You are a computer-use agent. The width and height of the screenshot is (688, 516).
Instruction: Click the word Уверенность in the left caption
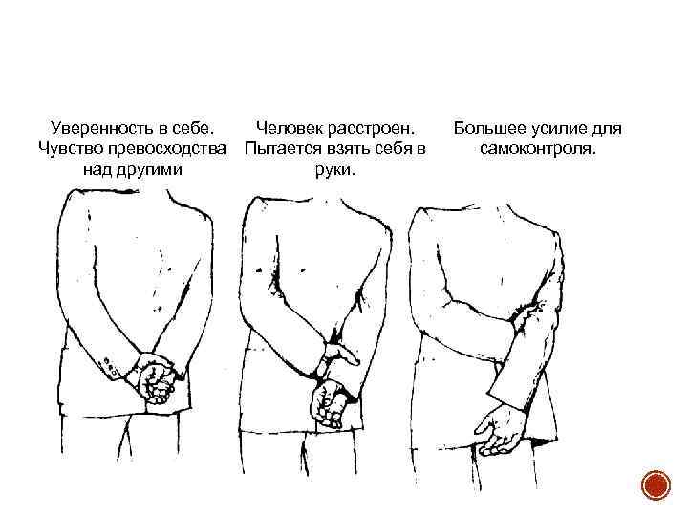pyautogui.click(x=99, y=129)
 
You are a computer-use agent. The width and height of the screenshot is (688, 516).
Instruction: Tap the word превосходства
pyautogui.click(x=166, y=148)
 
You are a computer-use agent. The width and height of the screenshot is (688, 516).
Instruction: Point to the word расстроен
pyautogui.click(x=371, y=129)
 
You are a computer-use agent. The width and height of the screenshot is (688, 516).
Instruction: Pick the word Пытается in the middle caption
pyautogui.click(x=283, y=149)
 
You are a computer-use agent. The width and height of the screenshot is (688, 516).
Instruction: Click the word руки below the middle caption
pyautogui.click(x=334, y=170)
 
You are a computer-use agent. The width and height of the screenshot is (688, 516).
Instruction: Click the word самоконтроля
pyautogui.click(x=538, y=149)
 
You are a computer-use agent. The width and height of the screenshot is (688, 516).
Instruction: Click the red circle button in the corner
pyautogui.click(x=656, y=485)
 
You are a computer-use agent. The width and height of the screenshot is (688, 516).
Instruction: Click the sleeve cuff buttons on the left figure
pyautogui.click(x=108, y=367)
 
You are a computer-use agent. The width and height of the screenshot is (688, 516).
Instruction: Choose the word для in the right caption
pyautogui.click(x=607, y=129)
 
